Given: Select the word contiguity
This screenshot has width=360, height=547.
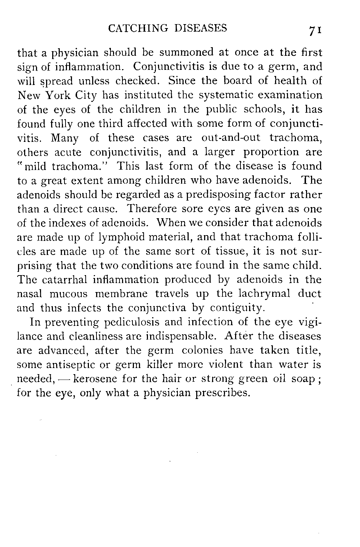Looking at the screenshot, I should click(x=237, y=308).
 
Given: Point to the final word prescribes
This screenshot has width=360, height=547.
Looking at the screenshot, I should click(x=222, y=393).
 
